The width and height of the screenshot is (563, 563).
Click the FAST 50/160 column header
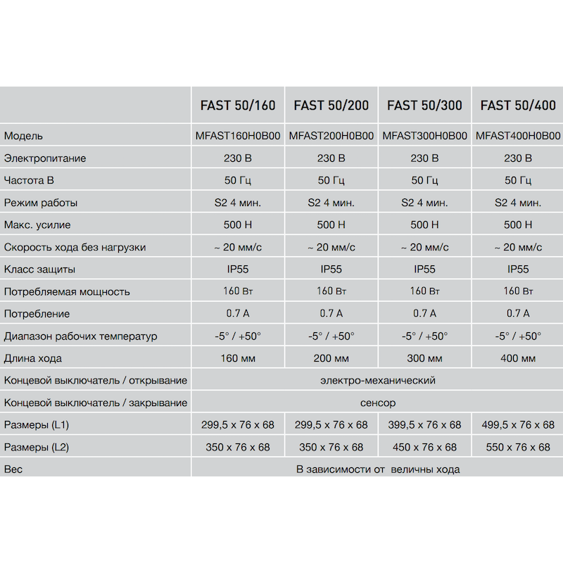(238, 106)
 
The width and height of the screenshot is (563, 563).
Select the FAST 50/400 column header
(518, 106)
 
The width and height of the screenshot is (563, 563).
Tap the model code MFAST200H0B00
(331, 136)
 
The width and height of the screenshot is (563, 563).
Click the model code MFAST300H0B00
(424, 136)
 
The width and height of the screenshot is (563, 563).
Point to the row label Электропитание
(45, 158)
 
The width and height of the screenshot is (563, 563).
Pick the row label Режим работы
(41, 203)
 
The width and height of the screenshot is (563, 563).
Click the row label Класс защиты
(39, 270)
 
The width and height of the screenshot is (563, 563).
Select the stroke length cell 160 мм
(238, 358)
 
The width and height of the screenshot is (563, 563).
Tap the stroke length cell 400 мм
(518, 358)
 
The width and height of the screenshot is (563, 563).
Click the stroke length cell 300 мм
(424, 358)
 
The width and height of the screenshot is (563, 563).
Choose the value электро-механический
(377, 381)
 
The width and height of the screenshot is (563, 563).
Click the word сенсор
(377, 403)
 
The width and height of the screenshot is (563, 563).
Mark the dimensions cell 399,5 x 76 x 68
(424, 425)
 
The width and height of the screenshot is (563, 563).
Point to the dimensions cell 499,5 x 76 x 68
(518, 425)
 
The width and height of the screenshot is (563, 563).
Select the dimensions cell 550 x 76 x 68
(518, 448)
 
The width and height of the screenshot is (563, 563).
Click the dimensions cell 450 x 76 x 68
(424, 448)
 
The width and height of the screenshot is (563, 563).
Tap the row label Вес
(13, 469)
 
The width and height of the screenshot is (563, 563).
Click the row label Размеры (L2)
(37, 448)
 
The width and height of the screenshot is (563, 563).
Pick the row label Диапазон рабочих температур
(81, 336)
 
